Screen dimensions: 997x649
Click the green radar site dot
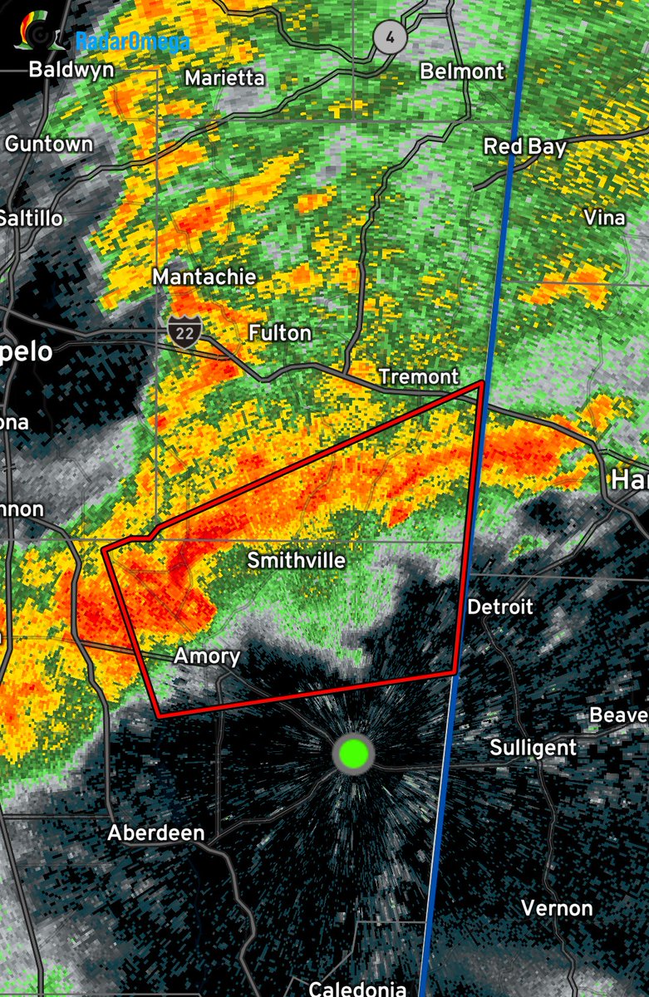[353, 754]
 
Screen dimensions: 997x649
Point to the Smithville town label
[296, 561]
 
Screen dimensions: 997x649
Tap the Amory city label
[207, 656]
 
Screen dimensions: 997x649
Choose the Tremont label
[418, 376]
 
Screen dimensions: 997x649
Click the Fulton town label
[280, 333]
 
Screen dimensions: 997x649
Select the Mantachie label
[204, 277]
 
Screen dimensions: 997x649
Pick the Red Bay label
[525, 147]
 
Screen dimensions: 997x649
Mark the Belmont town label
[462, 71]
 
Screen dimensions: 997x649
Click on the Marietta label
[224, 78]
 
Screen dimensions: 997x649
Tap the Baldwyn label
[71, 70]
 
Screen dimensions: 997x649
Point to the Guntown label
[49, 144]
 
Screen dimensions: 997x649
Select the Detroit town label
[499, 607]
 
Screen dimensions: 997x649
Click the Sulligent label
[533, 747]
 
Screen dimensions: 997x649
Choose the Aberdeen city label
[156, 832]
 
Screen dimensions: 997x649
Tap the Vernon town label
[557, 907]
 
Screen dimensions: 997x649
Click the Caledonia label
[357, 988]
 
